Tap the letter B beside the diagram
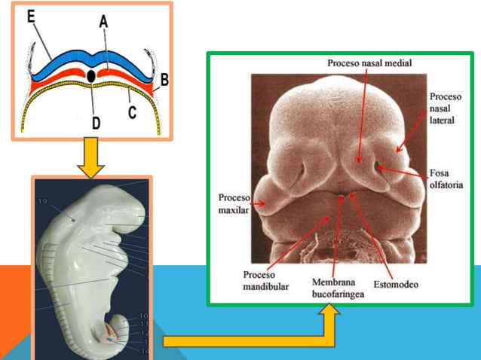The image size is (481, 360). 164,77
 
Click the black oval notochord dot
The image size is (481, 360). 91,76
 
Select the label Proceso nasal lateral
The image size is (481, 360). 446,109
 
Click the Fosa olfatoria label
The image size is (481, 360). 446,178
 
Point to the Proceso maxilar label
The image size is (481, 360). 234,203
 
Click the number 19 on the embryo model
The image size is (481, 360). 42,201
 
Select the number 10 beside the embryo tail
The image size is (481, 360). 143,316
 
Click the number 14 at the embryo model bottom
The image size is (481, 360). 144,351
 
